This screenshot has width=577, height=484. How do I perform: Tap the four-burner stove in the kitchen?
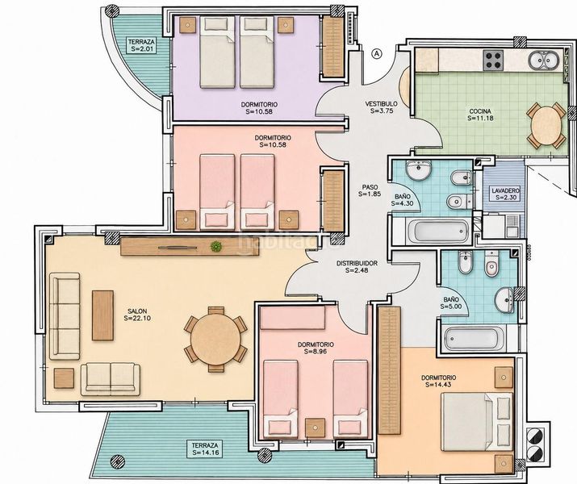493,60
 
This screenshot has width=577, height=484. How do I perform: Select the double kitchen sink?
542,60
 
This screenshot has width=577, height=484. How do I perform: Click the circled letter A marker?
376,54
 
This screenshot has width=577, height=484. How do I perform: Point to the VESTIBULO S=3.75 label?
381,107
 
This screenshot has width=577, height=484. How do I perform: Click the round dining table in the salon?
215,339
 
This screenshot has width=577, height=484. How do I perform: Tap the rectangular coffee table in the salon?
102,315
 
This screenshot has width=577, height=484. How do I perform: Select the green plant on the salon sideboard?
216,246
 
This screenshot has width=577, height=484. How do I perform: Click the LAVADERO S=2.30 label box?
506,194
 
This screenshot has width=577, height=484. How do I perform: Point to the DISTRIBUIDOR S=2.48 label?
357,267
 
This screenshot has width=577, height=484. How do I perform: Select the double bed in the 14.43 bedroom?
477,421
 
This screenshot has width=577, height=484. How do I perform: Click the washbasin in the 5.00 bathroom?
505,300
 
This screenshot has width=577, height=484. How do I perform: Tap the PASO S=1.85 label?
370,190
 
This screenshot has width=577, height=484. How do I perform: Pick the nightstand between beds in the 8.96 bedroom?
316,428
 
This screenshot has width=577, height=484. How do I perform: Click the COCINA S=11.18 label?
480,115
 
